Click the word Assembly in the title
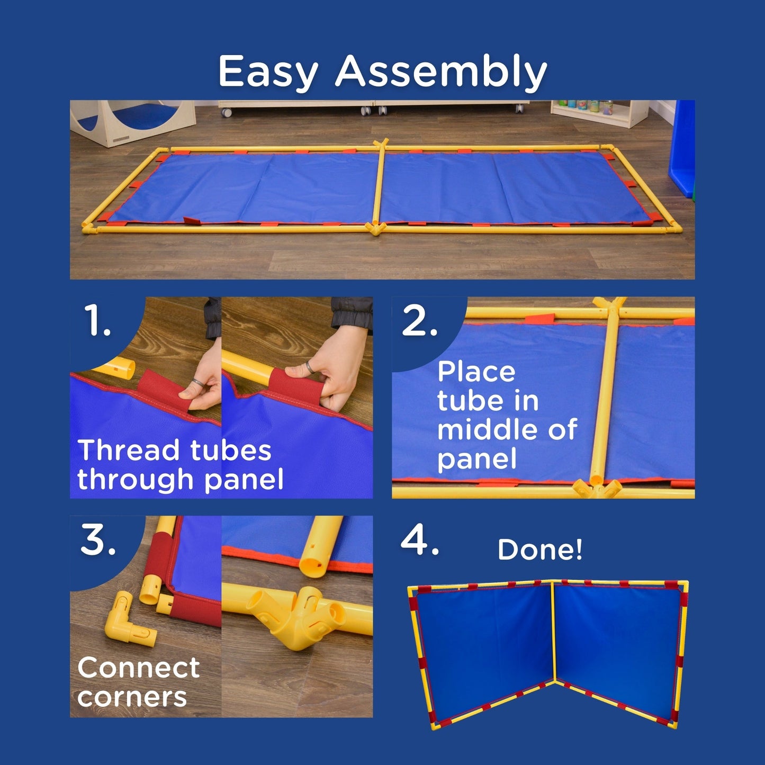click(441, 72)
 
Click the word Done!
click(540, 550)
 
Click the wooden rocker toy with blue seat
click(133, 122)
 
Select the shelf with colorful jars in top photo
click(599, 113)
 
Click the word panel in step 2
click(477, 459)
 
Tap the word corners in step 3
click(132, 698)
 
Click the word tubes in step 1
click(231, 450)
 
